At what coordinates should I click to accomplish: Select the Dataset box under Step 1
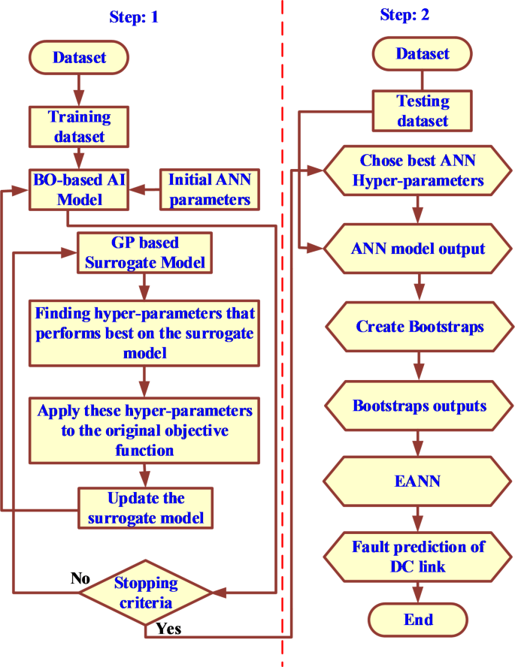[78, 57]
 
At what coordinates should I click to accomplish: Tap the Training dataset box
[78, 126]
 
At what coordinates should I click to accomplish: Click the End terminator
[419, 620]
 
